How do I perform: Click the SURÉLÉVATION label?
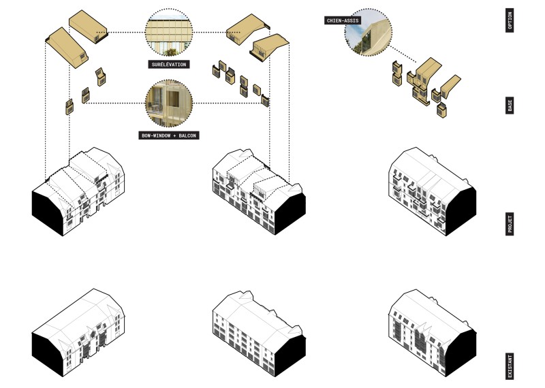tap(170, 65)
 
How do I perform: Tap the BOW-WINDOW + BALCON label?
tap(169, 135)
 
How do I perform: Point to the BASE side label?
tap(510, 106)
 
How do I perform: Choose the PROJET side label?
tap(510, 223)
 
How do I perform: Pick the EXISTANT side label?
tap(510, 366)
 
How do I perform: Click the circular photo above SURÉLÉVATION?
tap(170, 33)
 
